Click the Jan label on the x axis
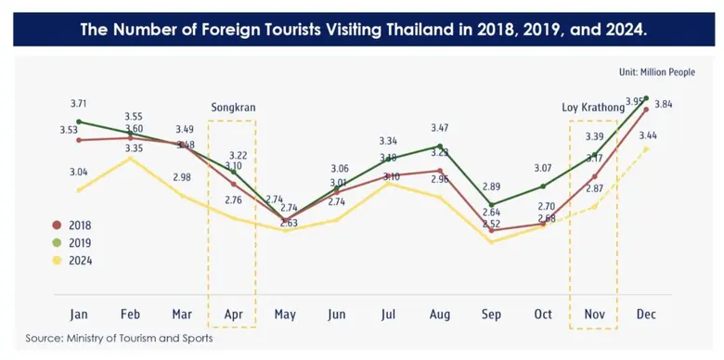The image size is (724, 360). click(x=79, y=315)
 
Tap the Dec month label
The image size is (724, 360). click(x=645, y=315)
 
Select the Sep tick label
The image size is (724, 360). click(x=491, y=315)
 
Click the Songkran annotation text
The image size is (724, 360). click(x=233, y=108)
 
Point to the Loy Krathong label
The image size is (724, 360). click(x=593, y=108)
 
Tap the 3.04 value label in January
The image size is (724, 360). click(x=79, y=172)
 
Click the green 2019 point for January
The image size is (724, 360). click(x=79, y=122)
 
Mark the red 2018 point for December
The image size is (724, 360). click(x=645, y=109)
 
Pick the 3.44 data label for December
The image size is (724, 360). click(x=649, y=136)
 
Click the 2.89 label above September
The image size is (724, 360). click(x=491, y=186)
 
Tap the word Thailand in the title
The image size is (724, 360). click(x=420, y=30)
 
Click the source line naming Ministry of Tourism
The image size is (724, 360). click(x=119, y=339)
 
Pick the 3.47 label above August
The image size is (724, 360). click(x=440, y=127)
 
